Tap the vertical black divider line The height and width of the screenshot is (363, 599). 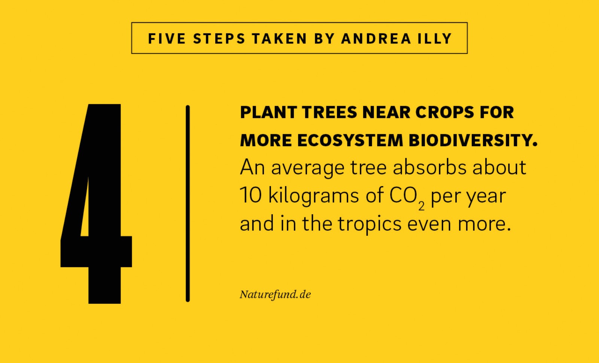pos(188,204)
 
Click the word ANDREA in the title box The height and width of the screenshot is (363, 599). pos(376,39)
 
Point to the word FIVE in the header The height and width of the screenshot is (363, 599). pos(167,39)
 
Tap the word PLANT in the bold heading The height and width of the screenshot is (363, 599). pos(268,112)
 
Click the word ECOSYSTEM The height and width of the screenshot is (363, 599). pos(350,140)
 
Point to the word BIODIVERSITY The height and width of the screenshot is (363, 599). pos(473,140)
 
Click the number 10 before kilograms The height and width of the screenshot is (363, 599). pos(250,195)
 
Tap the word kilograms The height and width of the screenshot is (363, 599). pos(313,196)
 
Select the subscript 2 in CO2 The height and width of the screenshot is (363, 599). pos(422,206)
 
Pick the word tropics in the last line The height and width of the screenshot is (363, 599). pos(370,225)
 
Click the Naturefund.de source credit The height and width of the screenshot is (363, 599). pos(275,295)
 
